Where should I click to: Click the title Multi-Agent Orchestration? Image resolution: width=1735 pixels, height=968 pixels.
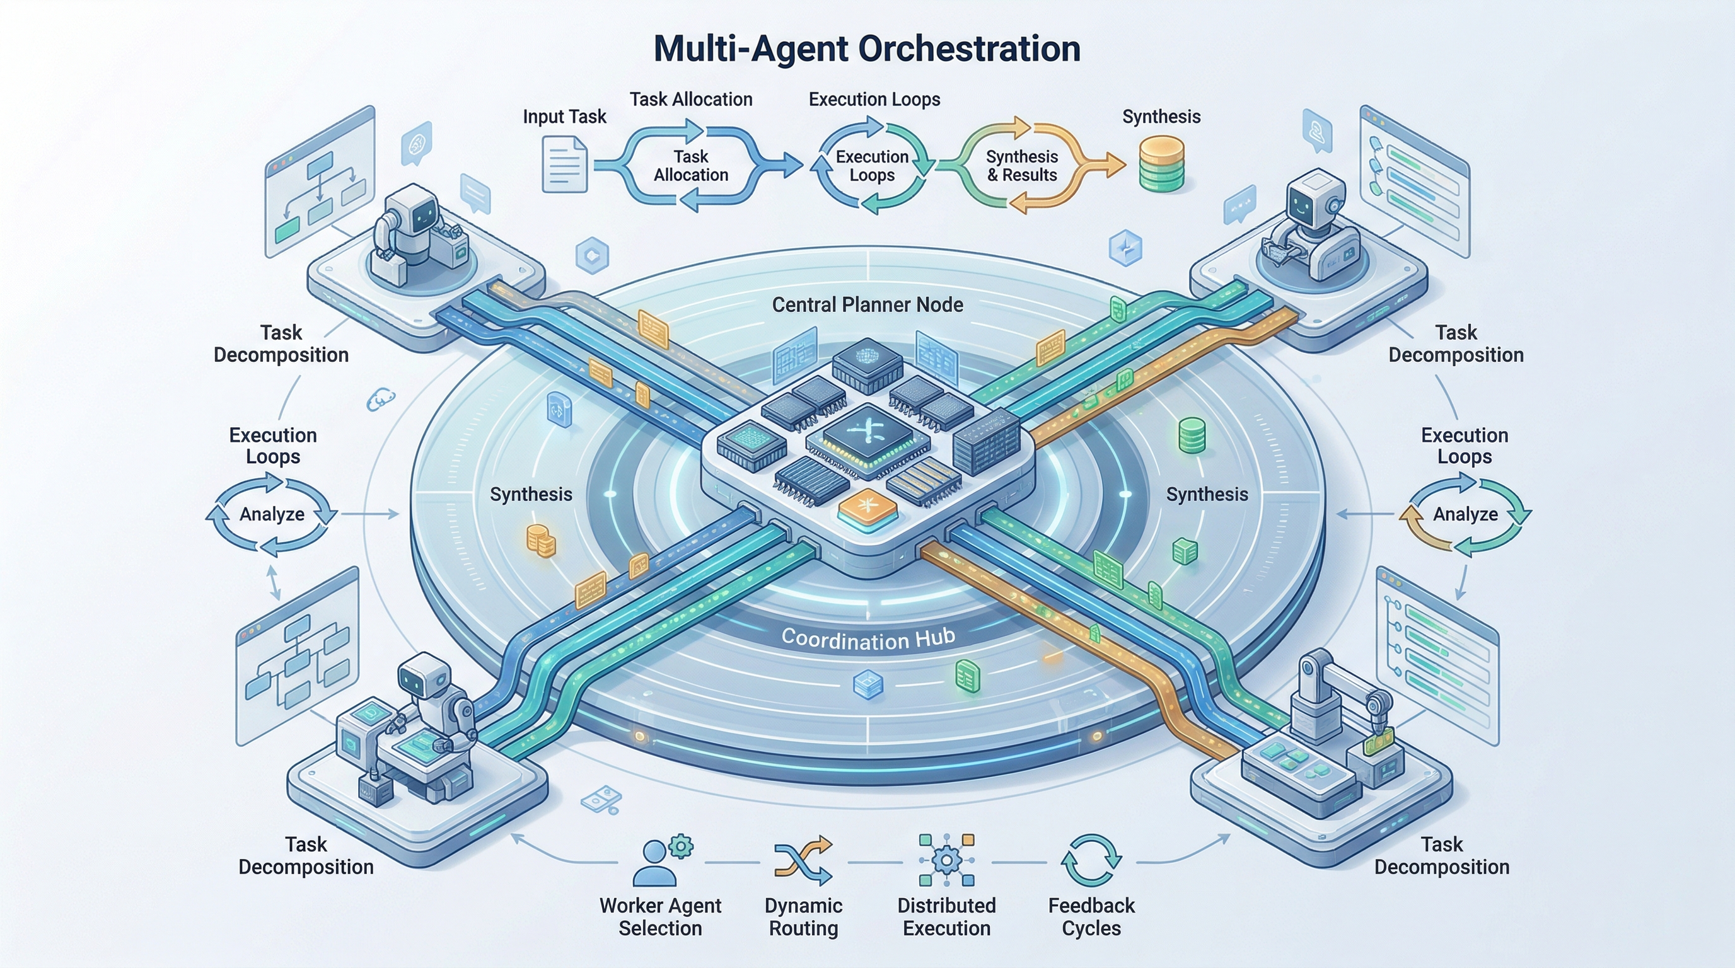point(867,49)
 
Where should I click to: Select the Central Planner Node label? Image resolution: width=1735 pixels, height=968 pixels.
point(867,305)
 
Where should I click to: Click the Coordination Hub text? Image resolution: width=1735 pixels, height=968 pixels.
point(867,638)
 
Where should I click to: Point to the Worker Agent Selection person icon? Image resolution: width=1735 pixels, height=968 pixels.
point(654,865)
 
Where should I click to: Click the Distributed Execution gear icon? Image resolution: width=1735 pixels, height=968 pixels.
point(946,860)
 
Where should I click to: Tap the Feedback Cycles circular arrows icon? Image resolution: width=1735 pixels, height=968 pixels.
point(1091,860)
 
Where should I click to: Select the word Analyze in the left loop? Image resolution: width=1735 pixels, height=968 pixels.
point(272,514)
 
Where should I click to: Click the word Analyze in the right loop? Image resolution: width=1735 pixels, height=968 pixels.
point(1465,514)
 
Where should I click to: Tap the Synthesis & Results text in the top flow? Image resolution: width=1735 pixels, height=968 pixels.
point(1022,166)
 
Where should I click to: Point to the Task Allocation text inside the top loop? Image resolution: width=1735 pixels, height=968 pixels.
point(691,166)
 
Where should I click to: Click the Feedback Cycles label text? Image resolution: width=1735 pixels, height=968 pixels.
point(1091,917)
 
